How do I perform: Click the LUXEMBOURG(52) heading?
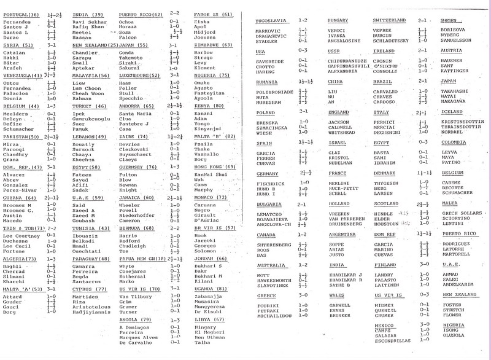(138, 75)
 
